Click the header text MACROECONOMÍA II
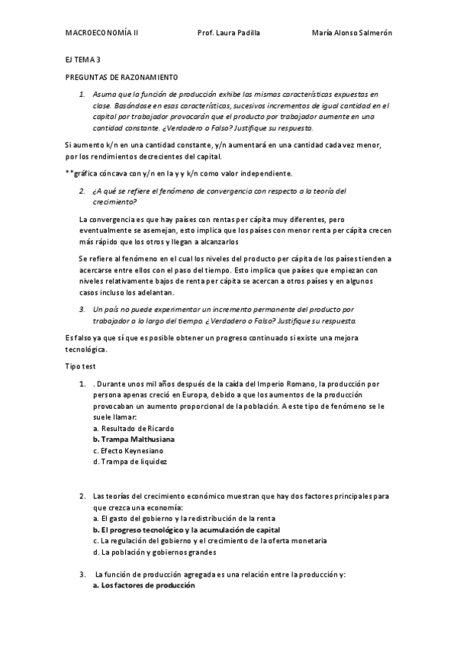click(x=101, y=34)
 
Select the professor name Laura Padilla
click(x=228, y=34)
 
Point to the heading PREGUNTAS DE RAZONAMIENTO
click(x=121, y=78)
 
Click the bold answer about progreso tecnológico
click(x=186, y=530)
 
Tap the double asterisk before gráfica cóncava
click(x=69, y=173)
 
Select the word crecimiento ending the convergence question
click(x=115, y=201)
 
